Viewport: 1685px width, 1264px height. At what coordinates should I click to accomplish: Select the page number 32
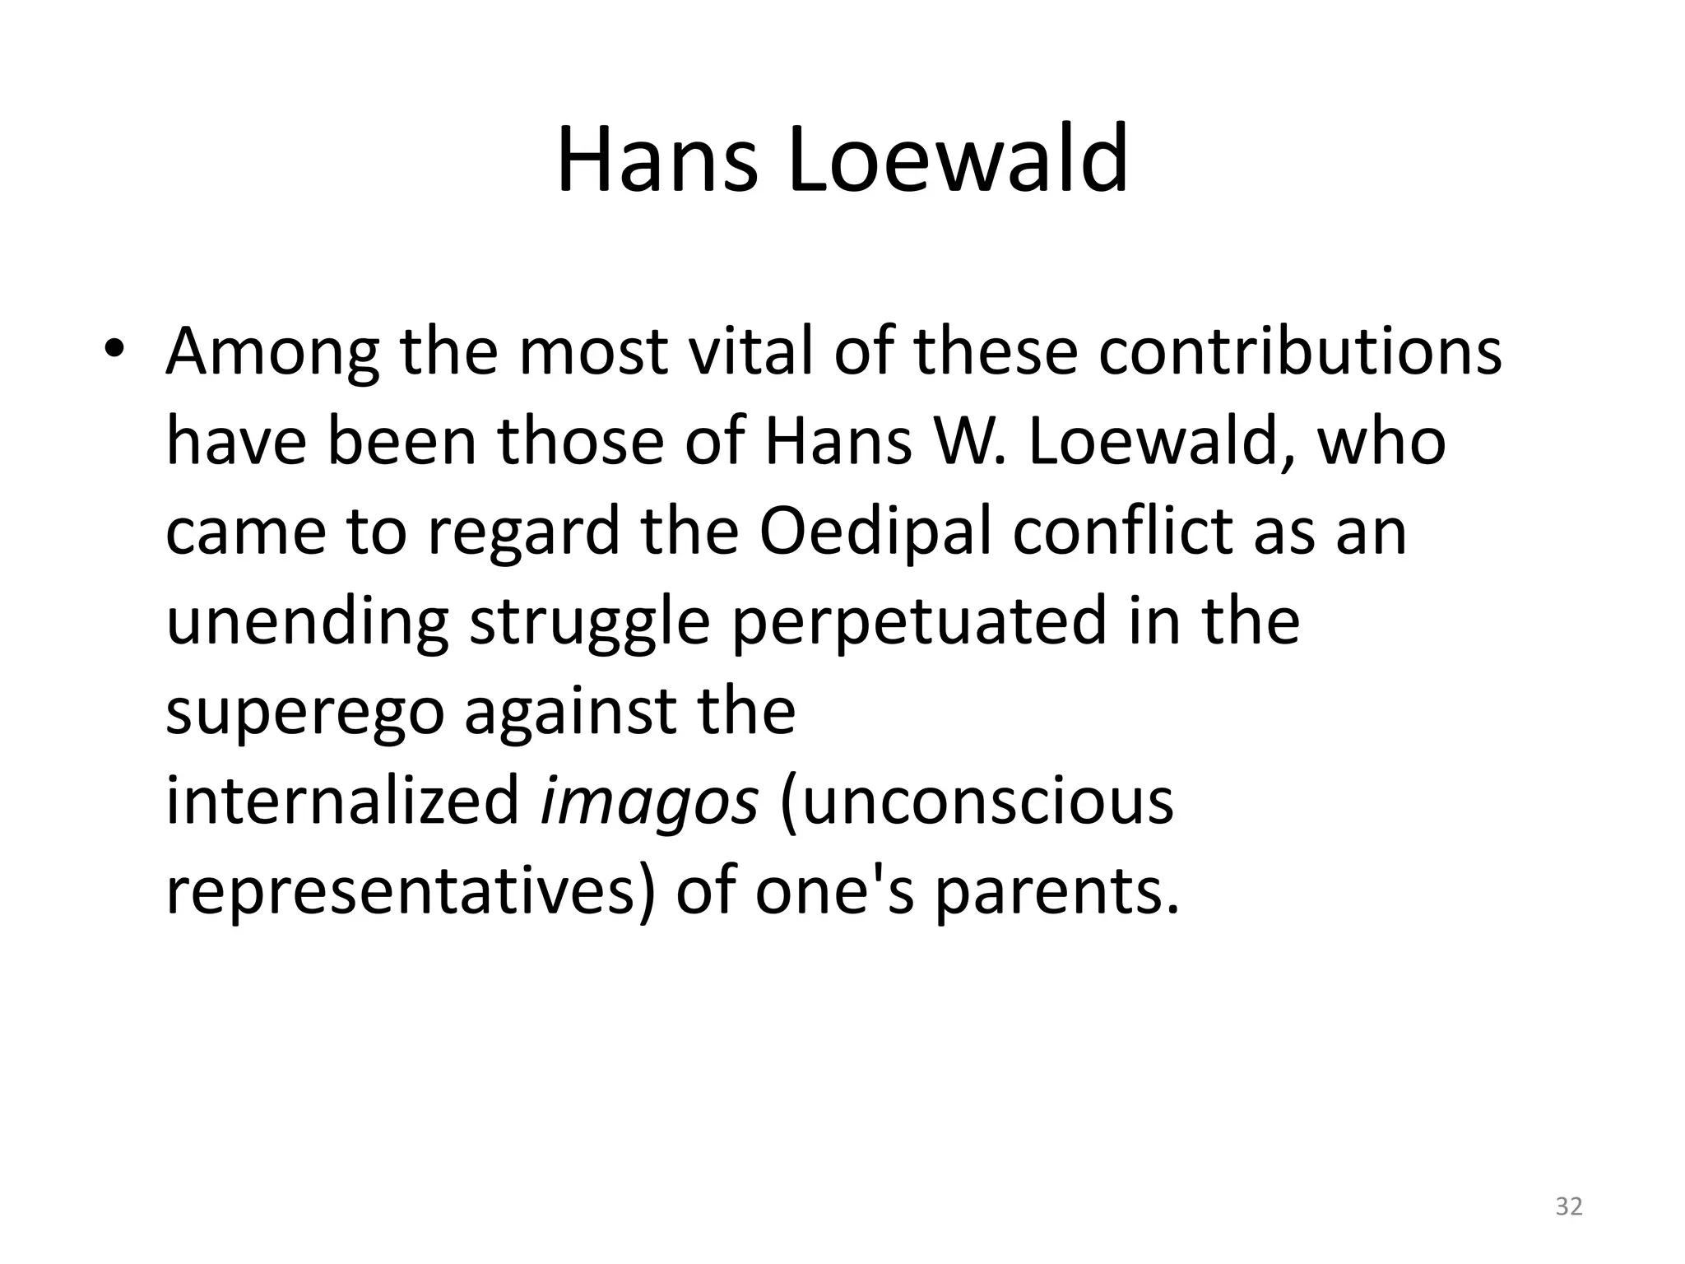(x=1568, y=1206)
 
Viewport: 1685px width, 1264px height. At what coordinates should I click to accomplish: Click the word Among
(x=272, y=351)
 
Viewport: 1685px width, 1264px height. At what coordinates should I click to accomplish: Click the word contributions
(x=1300, y=351)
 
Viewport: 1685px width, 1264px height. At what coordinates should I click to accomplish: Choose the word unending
(x=307, y=623)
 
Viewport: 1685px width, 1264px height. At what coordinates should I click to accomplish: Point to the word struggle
(x=589, y=623)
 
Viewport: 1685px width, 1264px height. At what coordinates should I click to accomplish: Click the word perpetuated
(x=918, y=623)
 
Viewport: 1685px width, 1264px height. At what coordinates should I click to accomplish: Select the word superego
(x=305, y=713)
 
